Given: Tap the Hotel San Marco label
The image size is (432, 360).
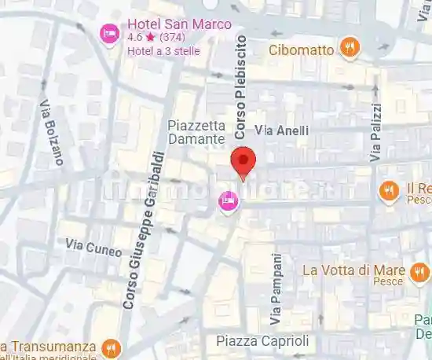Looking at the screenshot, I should point(179,24).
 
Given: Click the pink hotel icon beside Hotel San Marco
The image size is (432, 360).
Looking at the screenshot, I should point(109,34).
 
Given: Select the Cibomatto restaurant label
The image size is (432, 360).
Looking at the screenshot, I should point(302,50).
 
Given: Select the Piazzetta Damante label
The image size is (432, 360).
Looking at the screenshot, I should point(197,132).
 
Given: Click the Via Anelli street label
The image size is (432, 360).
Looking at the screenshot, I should point(282,130).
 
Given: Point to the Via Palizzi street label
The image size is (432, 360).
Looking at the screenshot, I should point(376,133).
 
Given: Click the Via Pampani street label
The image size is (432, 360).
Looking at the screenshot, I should point(276,289).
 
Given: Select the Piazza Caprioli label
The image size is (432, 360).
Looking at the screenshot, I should point(263,341).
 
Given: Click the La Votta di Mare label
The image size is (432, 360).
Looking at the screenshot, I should point(353,270).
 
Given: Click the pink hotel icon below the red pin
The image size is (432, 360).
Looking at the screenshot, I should point(228,201).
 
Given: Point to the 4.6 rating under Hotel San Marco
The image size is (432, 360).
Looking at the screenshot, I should point(135,37).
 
